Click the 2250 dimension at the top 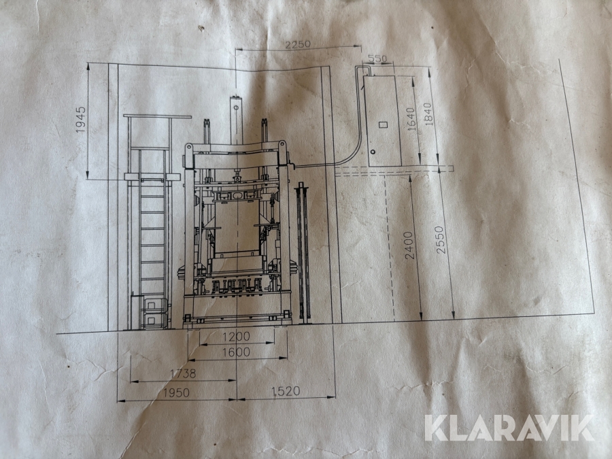[x=297, y=44]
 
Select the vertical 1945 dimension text [x=80, y=120]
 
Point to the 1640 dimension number [x=411, y=118]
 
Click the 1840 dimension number [x=428, y=114]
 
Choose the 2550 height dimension [x=440, y=240]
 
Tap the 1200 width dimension [x=236, y=336]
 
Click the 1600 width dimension [x=236, y=352]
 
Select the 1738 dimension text [x=183, y=373]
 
